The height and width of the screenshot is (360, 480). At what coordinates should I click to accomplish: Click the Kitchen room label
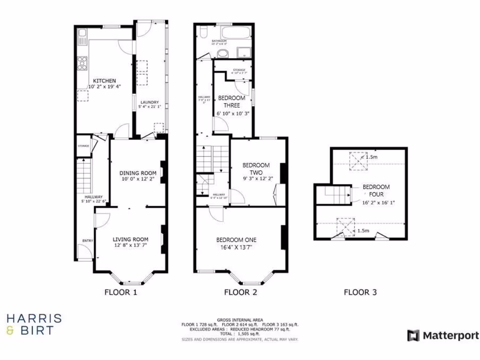click(104, 81)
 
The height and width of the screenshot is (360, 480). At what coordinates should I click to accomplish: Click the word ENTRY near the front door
click(88, 241)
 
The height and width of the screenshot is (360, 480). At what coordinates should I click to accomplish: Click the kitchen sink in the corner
click(82, 35)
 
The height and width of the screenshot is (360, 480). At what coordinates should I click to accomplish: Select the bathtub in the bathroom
click(236, 34)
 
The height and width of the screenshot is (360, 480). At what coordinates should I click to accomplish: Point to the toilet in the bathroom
click(202, 32)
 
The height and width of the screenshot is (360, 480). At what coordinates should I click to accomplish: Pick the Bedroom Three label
click(232, 102)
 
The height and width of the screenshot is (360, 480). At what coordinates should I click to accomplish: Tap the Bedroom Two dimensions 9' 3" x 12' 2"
click(258, 179)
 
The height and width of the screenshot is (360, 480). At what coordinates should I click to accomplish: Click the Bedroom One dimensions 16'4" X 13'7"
click(237, 247)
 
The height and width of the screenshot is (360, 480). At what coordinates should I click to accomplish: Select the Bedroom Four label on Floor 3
click(376, 190)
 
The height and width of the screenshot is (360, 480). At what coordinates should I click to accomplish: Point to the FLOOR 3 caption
click(360, 292)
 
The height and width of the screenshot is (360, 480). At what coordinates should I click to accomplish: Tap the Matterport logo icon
click(413, 336)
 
